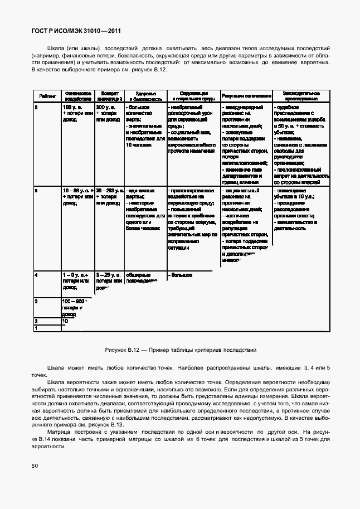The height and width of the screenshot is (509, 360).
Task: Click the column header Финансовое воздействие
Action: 77,95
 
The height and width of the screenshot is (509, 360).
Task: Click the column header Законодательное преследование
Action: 300,95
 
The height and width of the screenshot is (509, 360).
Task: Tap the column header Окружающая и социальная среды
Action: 193,95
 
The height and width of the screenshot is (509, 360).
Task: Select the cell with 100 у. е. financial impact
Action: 77,113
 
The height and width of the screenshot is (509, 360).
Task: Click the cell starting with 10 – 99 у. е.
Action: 77,197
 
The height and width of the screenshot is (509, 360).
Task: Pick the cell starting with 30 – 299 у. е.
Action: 109,197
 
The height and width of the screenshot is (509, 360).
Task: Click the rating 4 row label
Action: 36,275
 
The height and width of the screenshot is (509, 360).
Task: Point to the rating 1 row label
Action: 36,328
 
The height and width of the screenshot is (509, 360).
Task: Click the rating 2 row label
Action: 36,321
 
